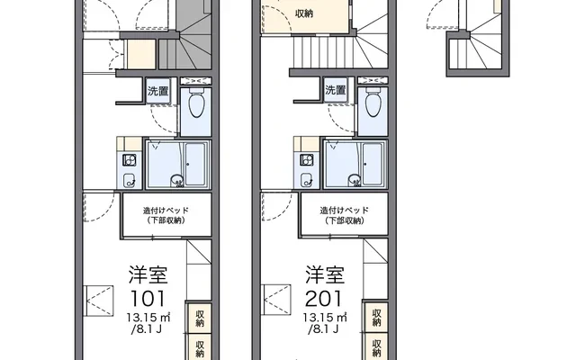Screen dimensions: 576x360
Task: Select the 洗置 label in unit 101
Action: (158, 91)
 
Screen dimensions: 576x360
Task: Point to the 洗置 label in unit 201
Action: (336, 90)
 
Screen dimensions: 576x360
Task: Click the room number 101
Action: (148, 298)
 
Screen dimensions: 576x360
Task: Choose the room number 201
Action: (324, 298)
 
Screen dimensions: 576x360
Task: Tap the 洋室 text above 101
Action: (148, 274)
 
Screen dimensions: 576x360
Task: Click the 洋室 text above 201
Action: (325, 274)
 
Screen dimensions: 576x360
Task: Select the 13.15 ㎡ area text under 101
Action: (148, 317)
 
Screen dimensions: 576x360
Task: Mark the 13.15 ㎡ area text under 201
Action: (325, 317)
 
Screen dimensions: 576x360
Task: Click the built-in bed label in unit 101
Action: (166, 216)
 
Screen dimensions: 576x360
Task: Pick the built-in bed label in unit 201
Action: (344, 216)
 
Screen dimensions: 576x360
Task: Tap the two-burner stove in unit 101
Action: (130, 160)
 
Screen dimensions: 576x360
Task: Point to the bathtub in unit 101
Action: (194, 164)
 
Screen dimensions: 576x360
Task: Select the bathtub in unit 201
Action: (372, 164)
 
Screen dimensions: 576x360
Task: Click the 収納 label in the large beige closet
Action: (304, 13)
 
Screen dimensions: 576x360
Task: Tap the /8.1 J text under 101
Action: (146, 328)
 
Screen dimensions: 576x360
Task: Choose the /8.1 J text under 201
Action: (323, 328)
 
